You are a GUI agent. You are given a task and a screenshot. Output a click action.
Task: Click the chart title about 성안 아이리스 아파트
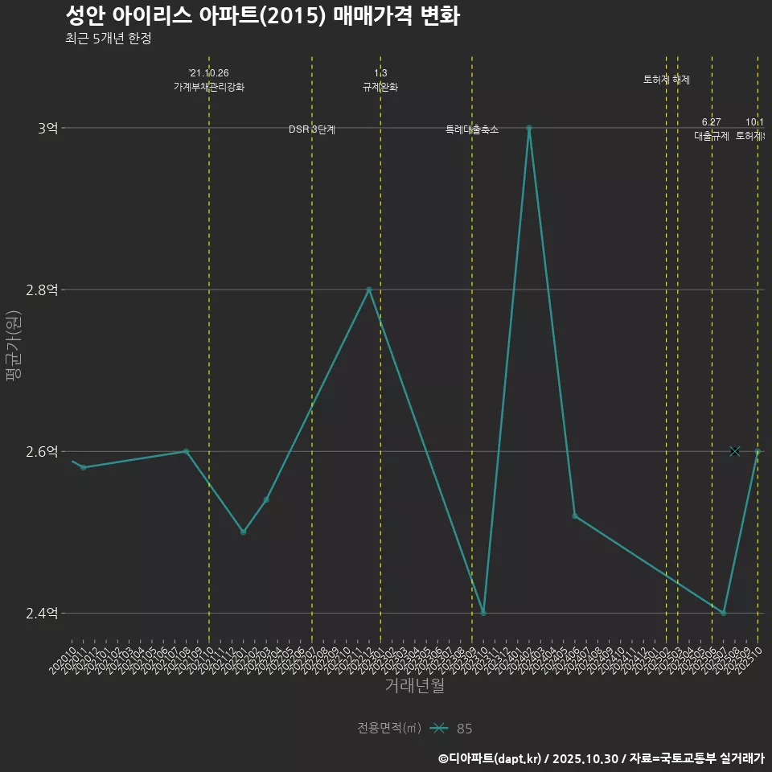tap(262, 16)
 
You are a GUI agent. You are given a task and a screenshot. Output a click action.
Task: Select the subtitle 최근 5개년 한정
tap(109, 38)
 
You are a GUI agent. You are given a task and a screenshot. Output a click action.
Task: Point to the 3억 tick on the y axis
tap(48, 128)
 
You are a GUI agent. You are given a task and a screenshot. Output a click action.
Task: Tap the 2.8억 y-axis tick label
tap(43, 290)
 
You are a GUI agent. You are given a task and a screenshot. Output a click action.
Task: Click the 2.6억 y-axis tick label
tap(43, 452)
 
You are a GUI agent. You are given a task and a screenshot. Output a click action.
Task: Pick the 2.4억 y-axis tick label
tap(43, 614)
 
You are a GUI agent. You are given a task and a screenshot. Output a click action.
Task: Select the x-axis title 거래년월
tap(414, 686)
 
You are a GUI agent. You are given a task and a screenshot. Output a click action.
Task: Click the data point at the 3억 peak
tap(529, 128)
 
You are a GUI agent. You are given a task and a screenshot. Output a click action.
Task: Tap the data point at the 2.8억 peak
tap(369, 289)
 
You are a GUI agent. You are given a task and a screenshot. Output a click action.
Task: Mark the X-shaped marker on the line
tap(734, 451)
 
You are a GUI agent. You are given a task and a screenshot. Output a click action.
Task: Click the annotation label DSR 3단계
tap(312, 129)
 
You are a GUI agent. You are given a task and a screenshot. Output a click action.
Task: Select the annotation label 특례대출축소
tap(472, 129)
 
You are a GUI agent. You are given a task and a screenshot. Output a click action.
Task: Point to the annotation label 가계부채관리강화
tap(209, 87)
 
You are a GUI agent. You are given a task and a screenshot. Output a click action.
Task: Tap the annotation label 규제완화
tap(380, 87)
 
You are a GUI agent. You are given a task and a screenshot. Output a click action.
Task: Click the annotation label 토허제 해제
tap(667, 80)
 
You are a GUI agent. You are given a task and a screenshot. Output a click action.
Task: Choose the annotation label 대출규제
tap(712, 136)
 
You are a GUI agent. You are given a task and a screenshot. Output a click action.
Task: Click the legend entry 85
tap(464, 729)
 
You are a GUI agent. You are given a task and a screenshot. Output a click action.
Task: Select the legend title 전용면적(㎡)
tap(389, 728)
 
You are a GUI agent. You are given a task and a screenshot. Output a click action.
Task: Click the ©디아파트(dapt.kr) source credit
tap(491, 758)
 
